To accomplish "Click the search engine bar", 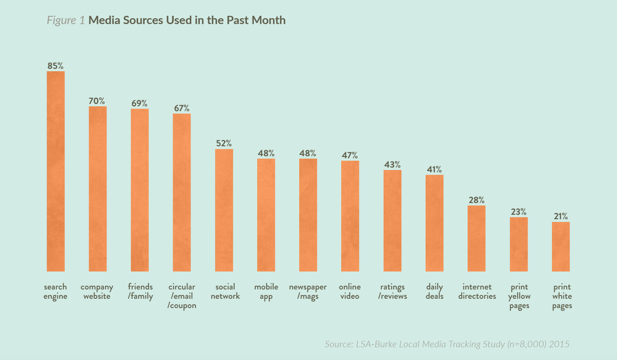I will point(56,171).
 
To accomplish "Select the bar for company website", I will point(98,189).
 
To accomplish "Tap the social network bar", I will point(224,210).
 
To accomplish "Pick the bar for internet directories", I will point(476,238).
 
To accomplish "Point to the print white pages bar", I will point(561,247).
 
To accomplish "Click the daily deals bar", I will point(434,223).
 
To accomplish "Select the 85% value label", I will point(56,66).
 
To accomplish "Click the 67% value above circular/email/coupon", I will point(182,108).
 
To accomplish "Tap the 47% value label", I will point(350,155).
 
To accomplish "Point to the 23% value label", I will point(519,212).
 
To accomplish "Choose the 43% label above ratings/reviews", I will point(392,165).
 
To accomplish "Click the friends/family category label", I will point(140,292).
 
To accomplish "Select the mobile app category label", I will point(266,292).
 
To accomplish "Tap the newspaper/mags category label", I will point(308,292).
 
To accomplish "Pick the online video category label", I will point(350,291).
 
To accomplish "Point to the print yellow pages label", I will point(519,296).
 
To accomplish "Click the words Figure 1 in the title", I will point(66,20).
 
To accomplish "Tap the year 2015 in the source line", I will point(559,344).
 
